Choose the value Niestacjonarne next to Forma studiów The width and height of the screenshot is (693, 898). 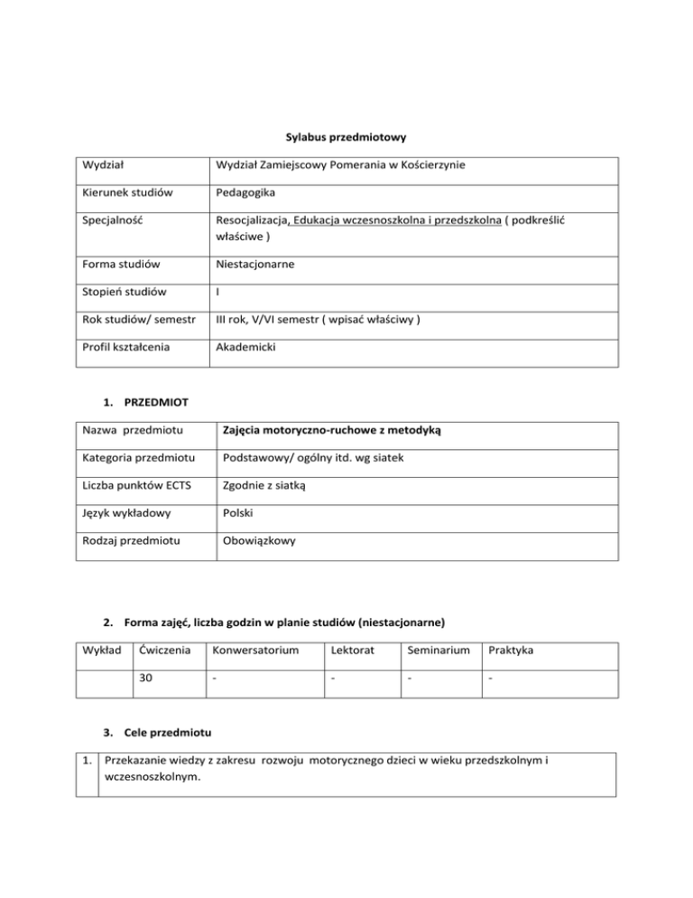(256, 265)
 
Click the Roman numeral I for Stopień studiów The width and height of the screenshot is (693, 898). (218, 293)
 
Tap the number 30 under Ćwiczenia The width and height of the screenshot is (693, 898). (146, 682)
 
